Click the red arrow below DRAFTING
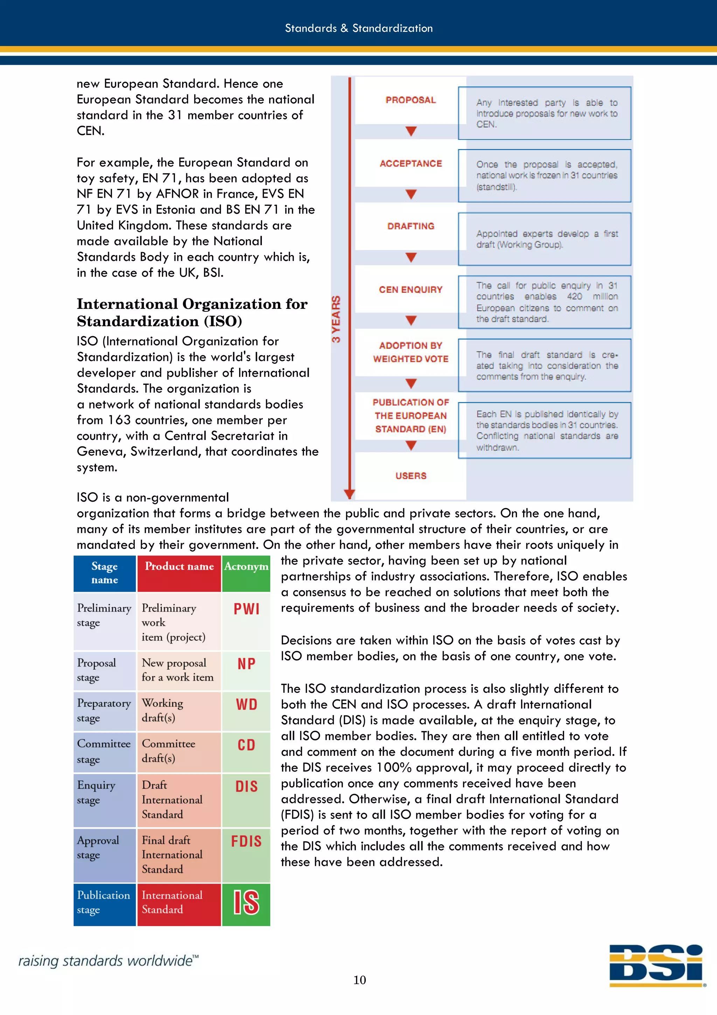pyautogui.click(x=411, y=257)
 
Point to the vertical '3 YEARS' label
pyautogui.click(x=336, y=319)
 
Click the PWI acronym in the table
pyautogui.click(x=246, y=609)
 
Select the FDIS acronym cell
pyautogui.click(x=246, y=841)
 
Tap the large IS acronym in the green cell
pyautogui.click(x=246, y=902)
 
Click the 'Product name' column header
pyautogui.click(x=179, y=567)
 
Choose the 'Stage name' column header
pyautogui.click(x=105, y=573)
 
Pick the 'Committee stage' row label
pyautogui.click(x=104, y=751)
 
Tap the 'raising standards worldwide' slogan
pyautogui.click(x=108, y=961)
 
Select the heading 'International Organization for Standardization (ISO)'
pyautogui.click(x=192, y=312)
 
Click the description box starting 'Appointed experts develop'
pyautogui.click(x=544, y=239)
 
